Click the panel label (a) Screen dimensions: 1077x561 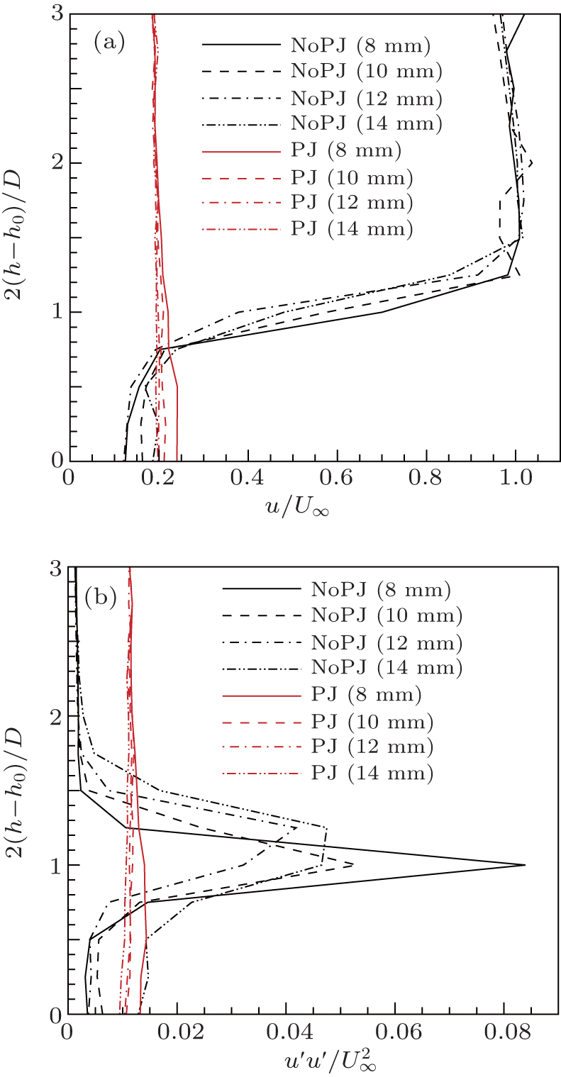109,43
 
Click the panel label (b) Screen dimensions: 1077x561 100,597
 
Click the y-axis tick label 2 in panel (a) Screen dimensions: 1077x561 53,163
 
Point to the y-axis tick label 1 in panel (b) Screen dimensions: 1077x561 53,865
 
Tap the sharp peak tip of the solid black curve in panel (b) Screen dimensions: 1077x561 525,865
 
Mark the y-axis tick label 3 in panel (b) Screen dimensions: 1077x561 53,569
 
